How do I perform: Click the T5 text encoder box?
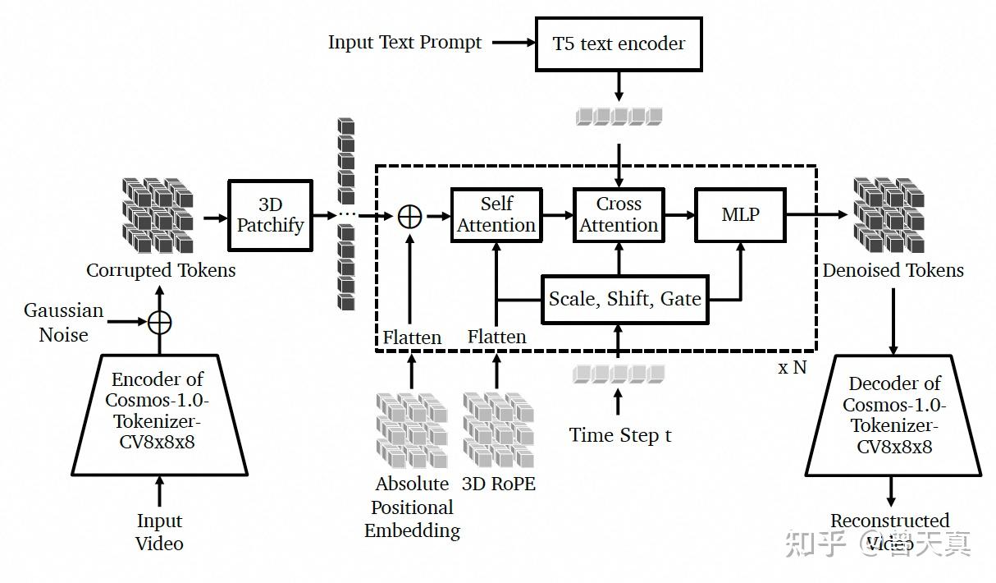pyautogui.click(x=619, y=44)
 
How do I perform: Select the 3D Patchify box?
pyautogui.click(x=271, y=215)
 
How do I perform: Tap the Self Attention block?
pyautogui.click(x=496, y=215)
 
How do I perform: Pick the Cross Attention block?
pyautogui.click(x=619, y=215)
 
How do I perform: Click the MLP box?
pyautogui.click(x=740, y=215)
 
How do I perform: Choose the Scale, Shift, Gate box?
pyautogui.click(x=624, y=299)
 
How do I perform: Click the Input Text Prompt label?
pyautogui.click(x=404, y=43)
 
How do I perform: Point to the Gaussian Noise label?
pyautogui.click(x=64, y=322)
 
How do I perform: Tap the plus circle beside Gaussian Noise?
pyautogui.click(x=160, y=322)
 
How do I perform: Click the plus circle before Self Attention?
pyautogui.click(x=409, y=217)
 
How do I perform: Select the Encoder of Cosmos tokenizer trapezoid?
pyautogui.click(x=159, y=415)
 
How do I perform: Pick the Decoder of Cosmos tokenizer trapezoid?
pyautogui.click(x=893, y=415)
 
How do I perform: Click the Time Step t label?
pyautogui.click(x=620, y=435)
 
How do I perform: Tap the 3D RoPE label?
pyautogui.click(x=499, y=484)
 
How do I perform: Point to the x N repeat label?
pyautogui.click(x=793, y=368)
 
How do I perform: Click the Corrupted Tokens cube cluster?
pyautogui.click(x=158, y=215)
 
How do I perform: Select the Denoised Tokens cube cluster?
pyautogui.click(x=889, y=215)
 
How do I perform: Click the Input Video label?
pyautogui.click(x=159, y=532)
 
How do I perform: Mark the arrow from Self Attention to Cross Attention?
pyautogui.click(x=558, y=215)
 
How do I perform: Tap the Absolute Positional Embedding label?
pyautogui.click(x=412, y=507)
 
